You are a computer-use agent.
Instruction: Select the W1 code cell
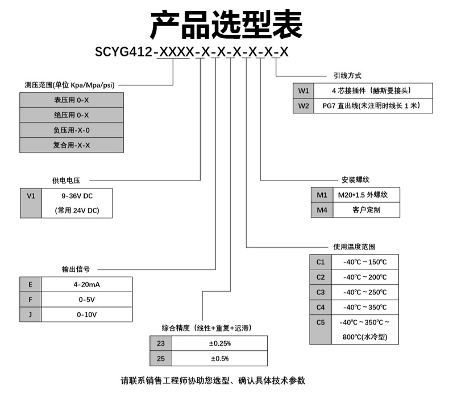303,91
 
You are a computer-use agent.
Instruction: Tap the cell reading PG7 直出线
373,105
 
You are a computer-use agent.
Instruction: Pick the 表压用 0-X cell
72,100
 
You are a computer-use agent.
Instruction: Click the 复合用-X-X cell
72,145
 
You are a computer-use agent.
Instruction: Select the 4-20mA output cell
87,284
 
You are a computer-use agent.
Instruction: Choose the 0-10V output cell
87,314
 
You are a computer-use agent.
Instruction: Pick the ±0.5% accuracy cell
219,358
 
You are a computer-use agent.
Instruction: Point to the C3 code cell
321,292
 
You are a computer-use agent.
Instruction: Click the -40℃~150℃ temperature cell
365,262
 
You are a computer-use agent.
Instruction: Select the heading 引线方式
347,75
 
